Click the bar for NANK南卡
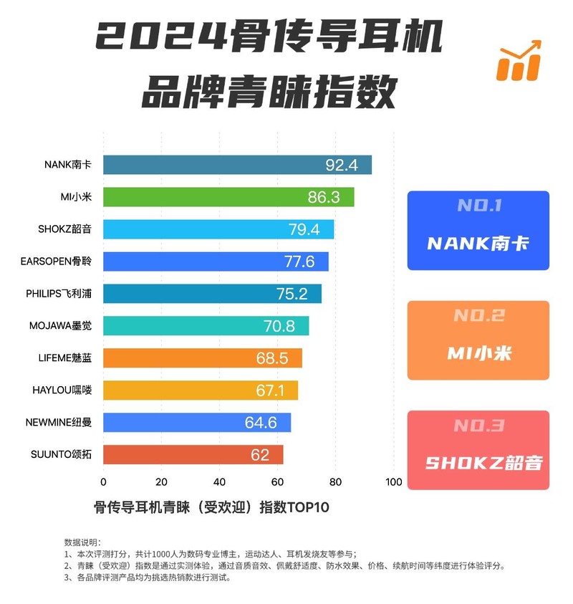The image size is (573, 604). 236,165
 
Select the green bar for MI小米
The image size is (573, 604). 228,197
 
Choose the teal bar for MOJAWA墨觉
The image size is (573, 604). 206,326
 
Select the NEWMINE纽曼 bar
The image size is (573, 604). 196,423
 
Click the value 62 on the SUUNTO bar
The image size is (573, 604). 261,455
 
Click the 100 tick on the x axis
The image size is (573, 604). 393,482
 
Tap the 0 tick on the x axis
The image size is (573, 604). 103,482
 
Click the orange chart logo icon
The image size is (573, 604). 519,61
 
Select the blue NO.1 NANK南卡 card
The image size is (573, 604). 478,230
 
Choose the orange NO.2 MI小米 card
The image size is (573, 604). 478,340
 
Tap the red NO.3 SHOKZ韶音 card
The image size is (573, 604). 478,450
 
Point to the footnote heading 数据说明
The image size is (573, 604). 82,542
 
